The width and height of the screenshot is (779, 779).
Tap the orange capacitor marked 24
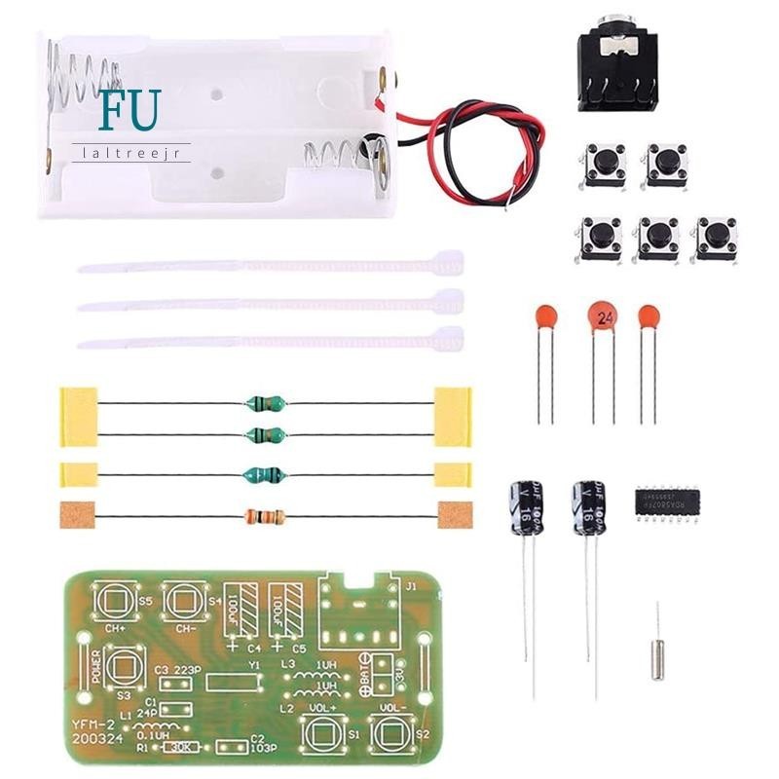pos(605,317)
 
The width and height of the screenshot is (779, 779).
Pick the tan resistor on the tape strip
pos(265,517)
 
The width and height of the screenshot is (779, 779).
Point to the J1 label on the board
pos(410,585)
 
